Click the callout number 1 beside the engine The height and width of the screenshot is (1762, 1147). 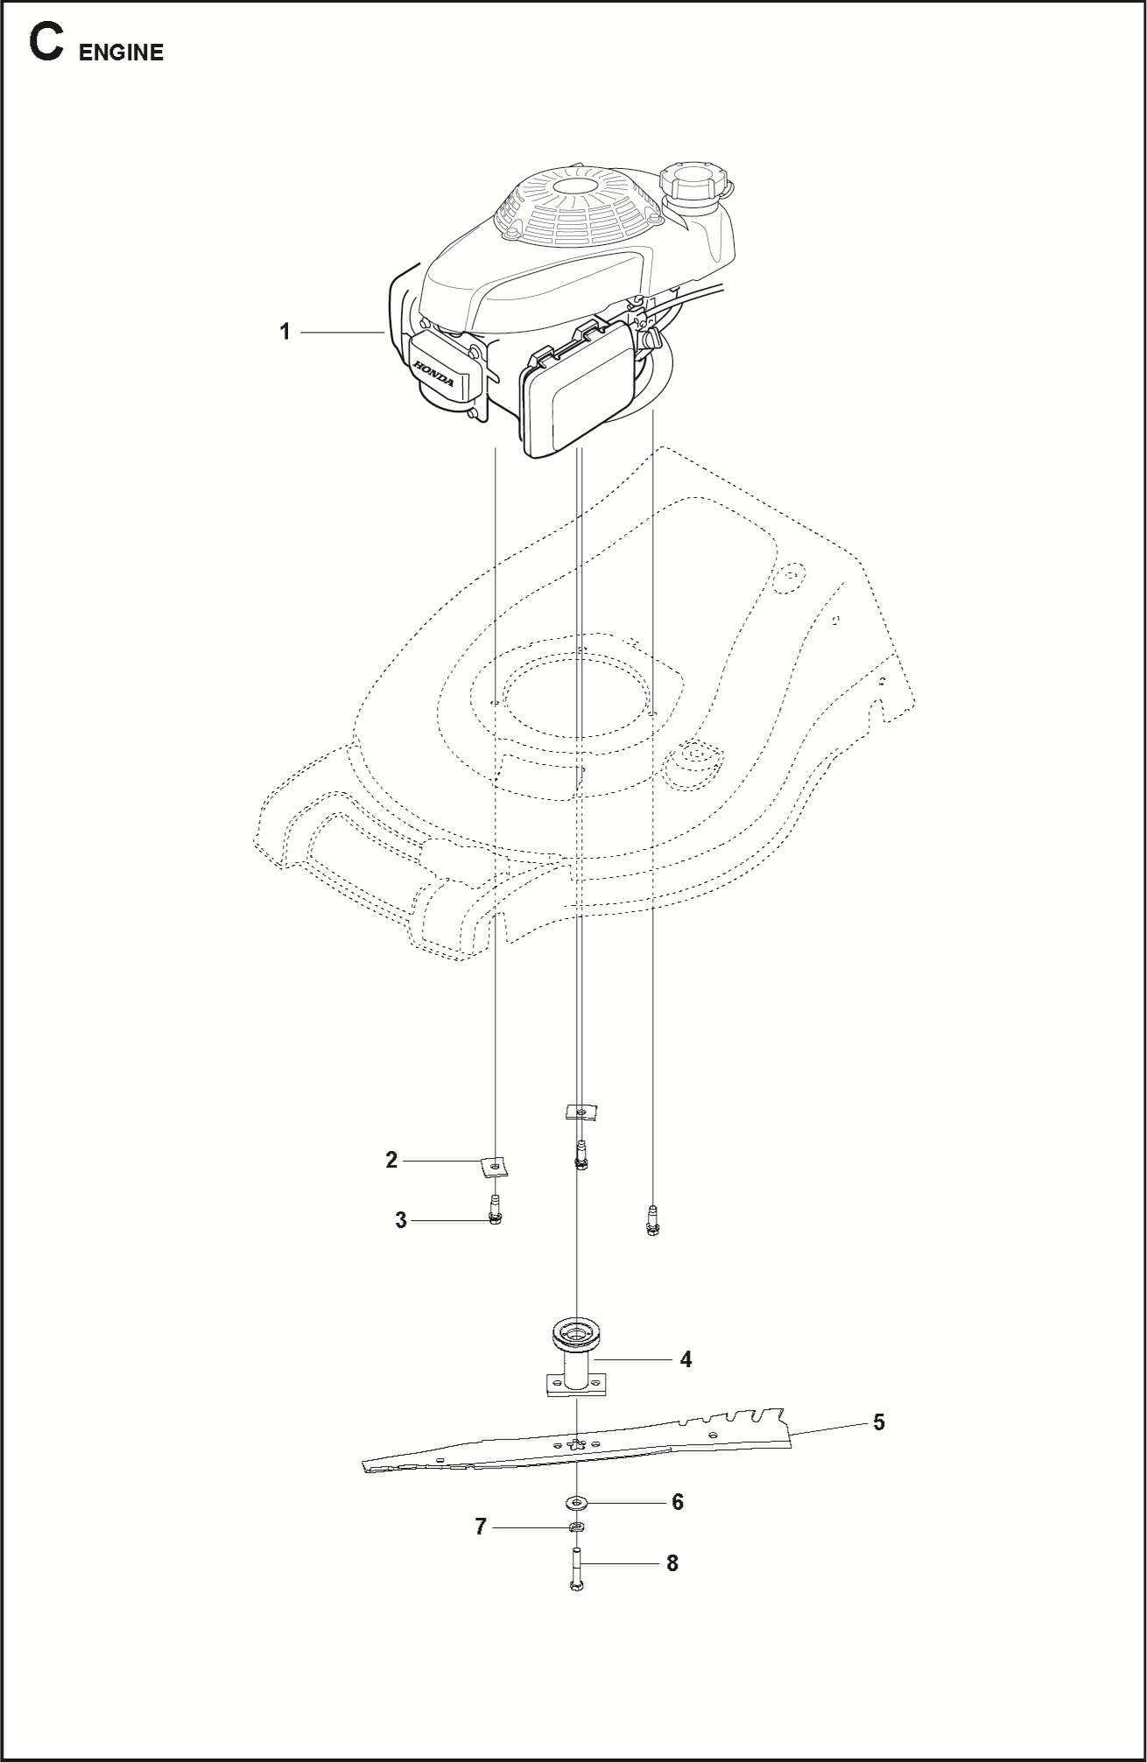coord(285,332)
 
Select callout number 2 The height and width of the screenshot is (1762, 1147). coord(391,1160)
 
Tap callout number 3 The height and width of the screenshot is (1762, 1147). coord(401,1220)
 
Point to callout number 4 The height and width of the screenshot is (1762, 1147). coord(686,1359)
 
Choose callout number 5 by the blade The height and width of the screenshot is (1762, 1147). coord(878,1422)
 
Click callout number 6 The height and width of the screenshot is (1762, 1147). coord(677,1502)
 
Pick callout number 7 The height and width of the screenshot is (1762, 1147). coord(480,1527)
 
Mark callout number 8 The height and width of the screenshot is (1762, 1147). coord(672,1563)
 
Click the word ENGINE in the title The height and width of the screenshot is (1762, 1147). coord(121,53)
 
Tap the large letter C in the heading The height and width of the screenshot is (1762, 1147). coord(46,44)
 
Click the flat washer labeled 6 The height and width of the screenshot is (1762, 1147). coord(576,1503)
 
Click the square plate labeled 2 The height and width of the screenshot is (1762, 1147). coord(496,1166)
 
